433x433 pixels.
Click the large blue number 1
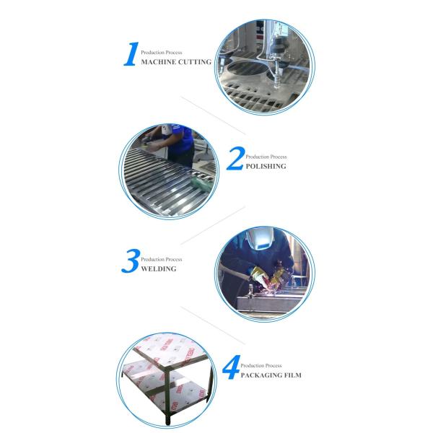131,54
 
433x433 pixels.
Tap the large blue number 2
235,158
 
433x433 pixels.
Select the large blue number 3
131,261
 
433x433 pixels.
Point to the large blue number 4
231,367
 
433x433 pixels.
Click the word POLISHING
266,166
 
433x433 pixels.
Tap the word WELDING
159,268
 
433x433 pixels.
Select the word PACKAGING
260,375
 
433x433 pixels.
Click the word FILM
292,375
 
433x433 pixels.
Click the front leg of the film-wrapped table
167,405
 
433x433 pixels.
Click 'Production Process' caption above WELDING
161,259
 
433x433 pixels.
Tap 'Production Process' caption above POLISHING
266,157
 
